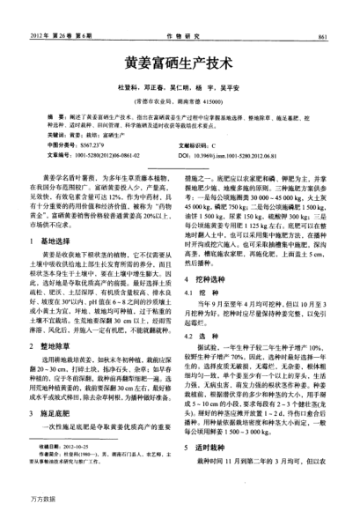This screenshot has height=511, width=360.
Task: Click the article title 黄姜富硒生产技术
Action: coord(180,66)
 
